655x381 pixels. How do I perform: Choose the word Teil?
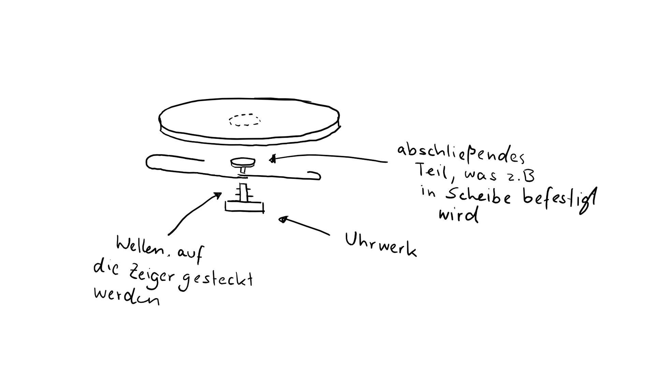(x=432, y=171)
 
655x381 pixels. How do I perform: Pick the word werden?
(x=126, y=296)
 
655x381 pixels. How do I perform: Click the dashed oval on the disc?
(x=245, y=120)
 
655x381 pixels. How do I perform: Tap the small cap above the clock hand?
(x=243, y=162)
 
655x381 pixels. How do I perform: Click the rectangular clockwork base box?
(x=244, y=206)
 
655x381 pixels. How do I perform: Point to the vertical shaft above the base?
(x=244, y=193)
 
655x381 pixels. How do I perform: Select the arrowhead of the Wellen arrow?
(x=217, y=195)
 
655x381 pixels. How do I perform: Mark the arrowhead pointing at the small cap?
(x=272, y=159)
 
